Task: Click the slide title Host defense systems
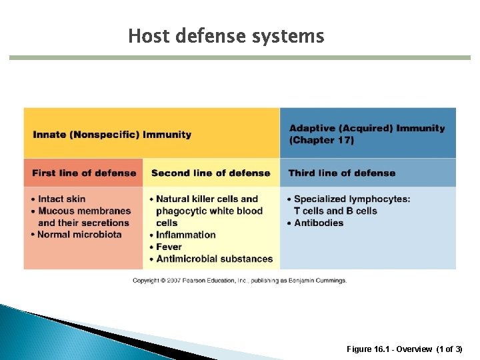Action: (x=226, y=35)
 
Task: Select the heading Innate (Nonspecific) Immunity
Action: (x=112, y=135)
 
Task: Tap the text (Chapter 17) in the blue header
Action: (x=321, y=140)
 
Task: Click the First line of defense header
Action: (x=84, y=173)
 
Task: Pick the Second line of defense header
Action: (x=211, y=173)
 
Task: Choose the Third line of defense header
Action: (x=342, y=173)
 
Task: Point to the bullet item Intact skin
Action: (x=61, y=199)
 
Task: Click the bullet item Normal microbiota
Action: (x=79, y=235)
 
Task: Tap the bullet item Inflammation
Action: (x=186, y=235)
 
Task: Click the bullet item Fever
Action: (x=169, y=247)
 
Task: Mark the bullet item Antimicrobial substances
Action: (x=214, y=259)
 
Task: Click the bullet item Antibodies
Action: (x=319, y=223)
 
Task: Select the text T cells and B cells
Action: (x=335, y=211)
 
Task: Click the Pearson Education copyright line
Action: (x=239, y=281)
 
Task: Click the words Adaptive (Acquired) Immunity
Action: (x=367, y=128)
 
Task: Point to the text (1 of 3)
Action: (x=449, y=349)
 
